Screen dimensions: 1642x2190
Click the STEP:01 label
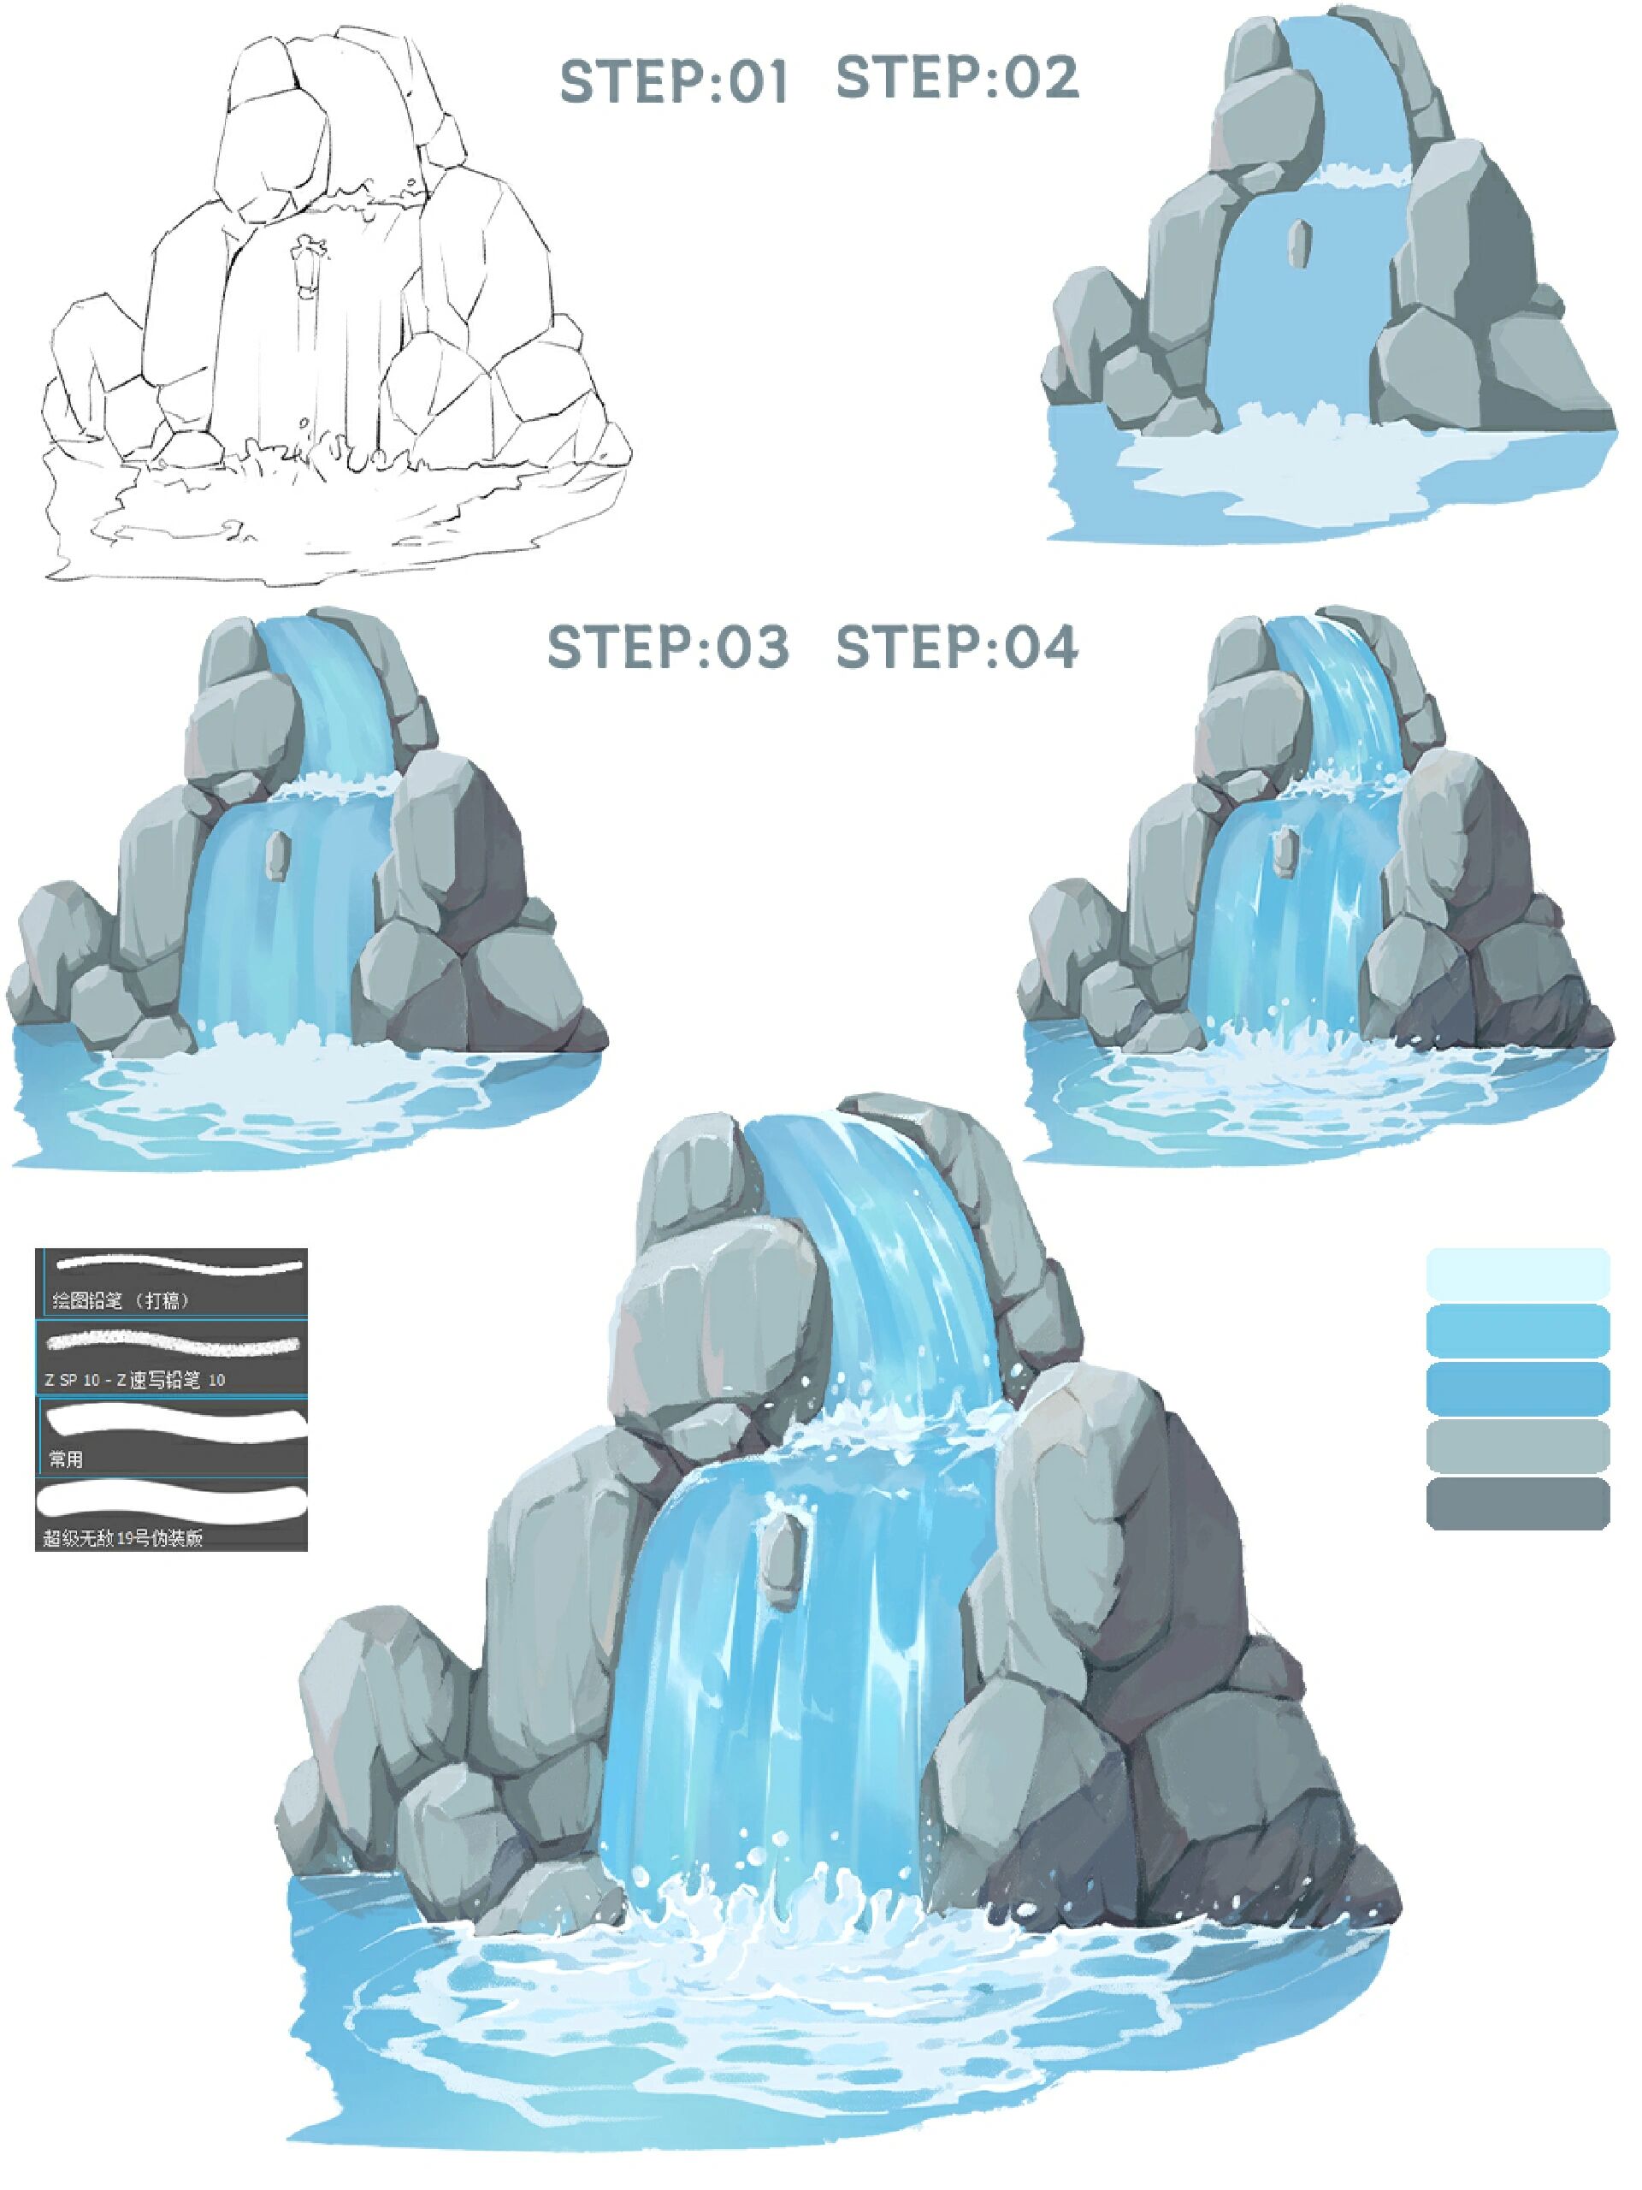coord(673,81)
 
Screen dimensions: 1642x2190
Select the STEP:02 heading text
coord(957,77)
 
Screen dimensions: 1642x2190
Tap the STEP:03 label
coord(668,647)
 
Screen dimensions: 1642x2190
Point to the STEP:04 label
coord(957,647)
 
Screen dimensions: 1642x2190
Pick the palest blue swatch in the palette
coord(1517,1273)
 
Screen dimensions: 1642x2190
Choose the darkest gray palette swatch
coord(1517,1503)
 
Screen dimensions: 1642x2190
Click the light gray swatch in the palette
coord(1517,1446)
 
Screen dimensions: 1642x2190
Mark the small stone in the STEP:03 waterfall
coord(276,854)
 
